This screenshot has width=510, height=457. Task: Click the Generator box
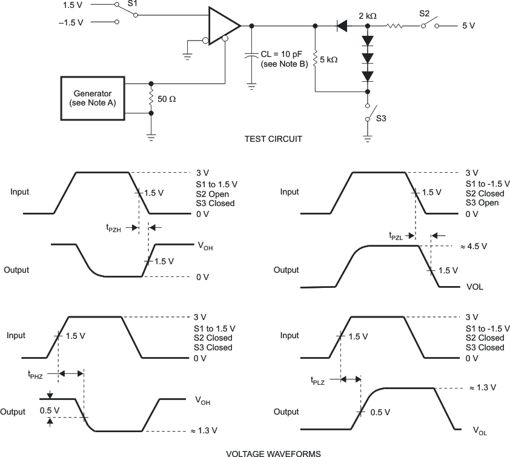(93, 98)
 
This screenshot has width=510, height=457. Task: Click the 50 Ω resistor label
(167, 98)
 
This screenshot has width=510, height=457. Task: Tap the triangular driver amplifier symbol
(223, 25)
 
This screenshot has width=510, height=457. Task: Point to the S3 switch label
(381, 118)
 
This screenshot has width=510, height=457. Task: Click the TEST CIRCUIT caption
(273, 139)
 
